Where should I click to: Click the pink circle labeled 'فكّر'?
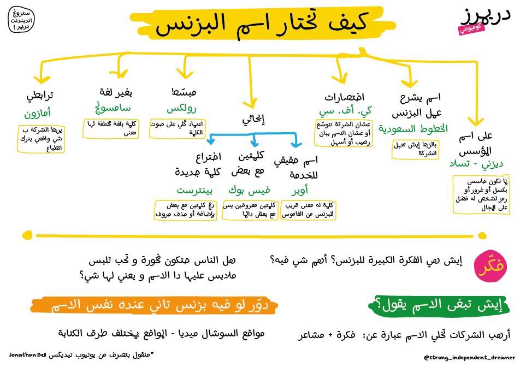coord(487,266)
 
